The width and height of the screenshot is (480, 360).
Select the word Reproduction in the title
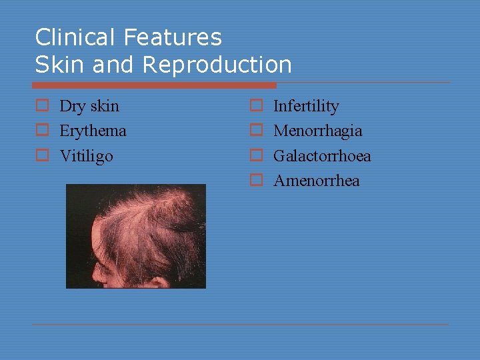point(217,65)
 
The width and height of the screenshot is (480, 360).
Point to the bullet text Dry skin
point(89,106)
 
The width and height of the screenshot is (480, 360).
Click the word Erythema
point(93,131)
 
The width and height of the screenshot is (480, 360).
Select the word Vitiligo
point(86,156)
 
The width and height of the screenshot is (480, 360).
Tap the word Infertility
point(306,106)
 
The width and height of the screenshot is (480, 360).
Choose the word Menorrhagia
point(317,131)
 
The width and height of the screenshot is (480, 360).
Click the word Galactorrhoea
point(322,156)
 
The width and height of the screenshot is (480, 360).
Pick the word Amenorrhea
point(316,181)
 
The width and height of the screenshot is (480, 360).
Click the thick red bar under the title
point(154,85)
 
